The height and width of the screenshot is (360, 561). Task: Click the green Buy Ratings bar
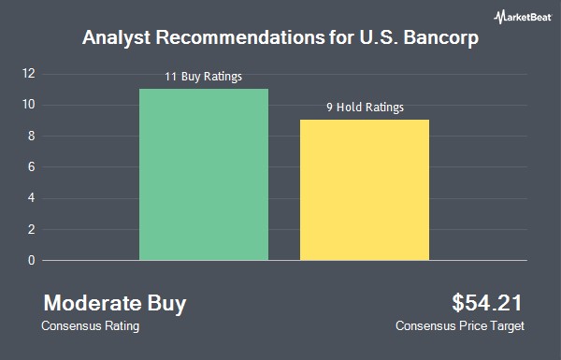click(x=204, y=174)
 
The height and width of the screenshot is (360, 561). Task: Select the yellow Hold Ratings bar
click(x=365, y=190)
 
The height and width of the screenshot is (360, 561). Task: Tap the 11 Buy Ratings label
click(x=203, y=77)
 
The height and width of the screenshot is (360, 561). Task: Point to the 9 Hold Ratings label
click(x=365, y=107)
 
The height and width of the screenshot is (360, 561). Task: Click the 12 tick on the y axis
click(x=29, y=73)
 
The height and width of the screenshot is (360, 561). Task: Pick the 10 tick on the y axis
click(x=29, y=105)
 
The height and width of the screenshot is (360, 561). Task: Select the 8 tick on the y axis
click(x=32, y=136)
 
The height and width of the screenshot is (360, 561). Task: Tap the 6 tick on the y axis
click(x=32, y=166)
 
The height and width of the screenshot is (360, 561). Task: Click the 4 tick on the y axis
click(x=32, y=198)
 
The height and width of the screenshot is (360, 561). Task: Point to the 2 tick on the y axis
click(x=32, y=229)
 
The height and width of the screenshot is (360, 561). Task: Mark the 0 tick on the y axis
click(x=32, y=260)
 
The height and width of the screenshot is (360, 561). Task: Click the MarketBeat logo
click(x=523, y=17)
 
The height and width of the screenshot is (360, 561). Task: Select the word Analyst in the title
click(x=116, y=38)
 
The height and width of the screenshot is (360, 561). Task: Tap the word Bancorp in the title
click(x=440, y=38)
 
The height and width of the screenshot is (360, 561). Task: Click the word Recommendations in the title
click(x=239, y=37)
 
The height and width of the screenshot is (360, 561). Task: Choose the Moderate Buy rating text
click(x=115, y=304)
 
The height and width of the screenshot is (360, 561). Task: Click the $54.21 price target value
click(x=487, y=303)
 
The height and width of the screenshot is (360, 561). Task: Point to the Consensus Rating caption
click(x=90, y=326)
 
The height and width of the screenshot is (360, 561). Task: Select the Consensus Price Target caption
click(x=460, y=326)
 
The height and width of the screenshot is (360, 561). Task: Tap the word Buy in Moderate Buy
click(x=166, y=304)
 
